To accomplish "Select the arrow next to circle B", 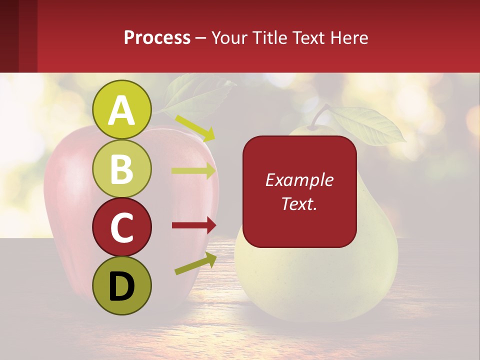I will (193, 171).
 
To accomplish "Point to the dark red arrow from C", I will (193, 225).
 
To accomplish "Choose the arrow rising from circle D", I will (195, 264).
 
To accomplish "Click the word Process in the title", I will (157, 37).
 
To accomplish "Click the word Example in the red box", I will (299, 180).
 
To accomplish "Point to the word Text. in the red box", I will (299, 203).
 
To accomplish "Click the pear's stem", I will (320, 115).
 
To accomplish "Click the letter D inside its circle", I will (121, 287).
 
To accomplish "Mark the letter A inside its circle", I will (121, 110).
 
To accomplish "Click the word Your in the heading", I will (227, 37).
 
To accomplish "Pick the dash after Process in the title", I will (200, 38).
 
